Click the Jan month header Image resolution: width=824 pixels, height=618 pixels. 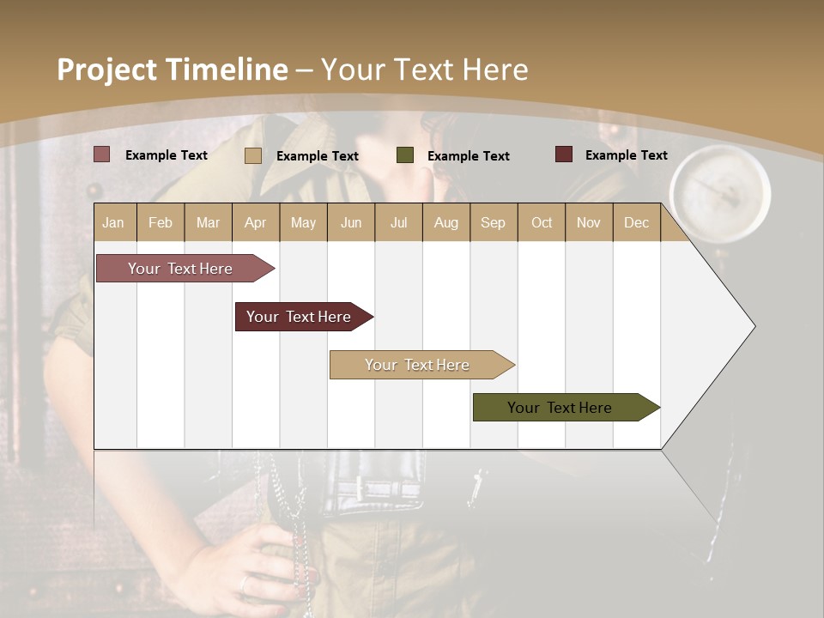pos(113,222)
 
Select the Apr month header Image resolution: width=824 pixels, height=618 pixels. pos(255,222)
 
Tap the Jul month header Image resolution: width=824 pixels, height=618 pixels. pos(398,222)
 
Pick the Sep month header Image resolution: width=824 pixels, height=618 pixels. pos(493,222)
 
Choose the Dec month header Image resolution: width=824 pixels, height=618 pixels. pos(636,222)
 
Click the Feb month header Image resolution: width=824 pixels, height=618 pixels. pos(161,222)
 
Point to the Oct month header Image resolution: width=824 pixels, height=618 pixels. pos(542,222)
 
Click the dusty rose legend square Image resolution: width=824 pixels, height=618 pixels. pos(101,154)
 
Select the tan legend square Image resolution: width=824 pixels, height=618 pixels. pos(252,155)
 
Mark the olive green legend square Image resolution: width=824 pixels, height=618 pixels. pos(404,155)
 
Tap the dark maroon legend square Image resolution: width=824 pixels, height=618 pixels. pos(563,154)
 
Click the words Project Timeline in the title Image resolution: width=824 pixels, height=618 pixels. pos(172,70)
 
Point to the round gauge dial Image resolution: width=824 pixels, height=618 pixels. pos(719,190)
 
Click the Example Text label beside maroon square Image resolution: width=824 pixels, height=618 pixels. pos(626,154)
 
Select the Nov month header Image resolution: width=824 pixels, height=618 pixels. pos(588,222)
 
